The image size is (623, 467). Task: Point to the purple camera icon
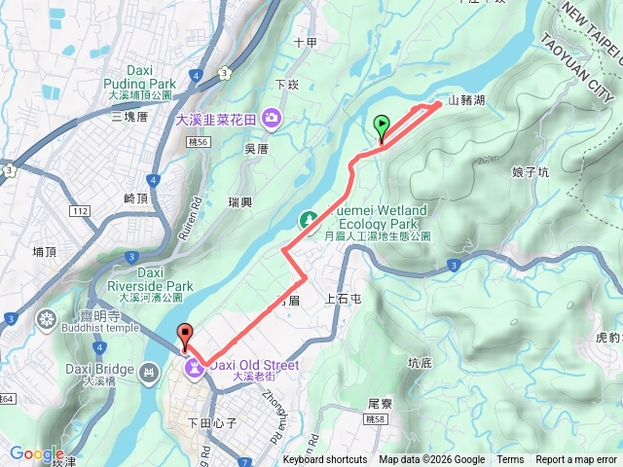270,119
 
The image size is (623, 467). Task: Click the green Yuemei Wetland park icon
309,221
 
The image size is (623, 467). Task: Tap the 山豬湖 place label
465,101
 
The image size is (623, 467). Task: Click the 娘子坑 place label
530,172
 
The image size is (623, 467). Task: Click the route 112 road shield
80,210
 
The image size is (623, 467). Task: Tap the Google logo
36,453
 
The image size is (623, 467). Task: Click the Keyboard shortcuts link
325,460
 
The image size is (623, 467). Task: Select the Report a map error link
576,460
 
